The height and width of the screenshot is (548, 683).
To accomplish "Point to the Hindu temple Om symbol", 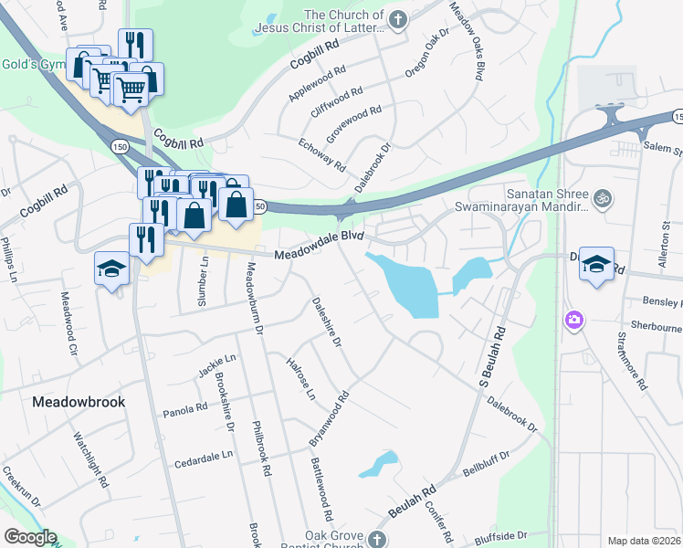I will pos(601,196).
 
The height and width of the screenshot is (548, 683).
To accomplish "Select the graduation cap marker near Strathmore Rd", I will pos(596,264).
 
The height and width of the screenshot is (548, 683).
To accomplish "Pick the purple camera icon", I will pos(574,320).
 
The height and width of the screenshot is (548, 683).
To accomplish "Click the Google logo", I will pos(29,537).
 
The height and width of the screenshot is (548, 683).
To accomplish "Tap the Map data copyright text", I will pos(645,541).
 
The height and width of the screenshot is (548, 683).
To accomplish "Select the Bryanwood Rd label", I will pos(330,418).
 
